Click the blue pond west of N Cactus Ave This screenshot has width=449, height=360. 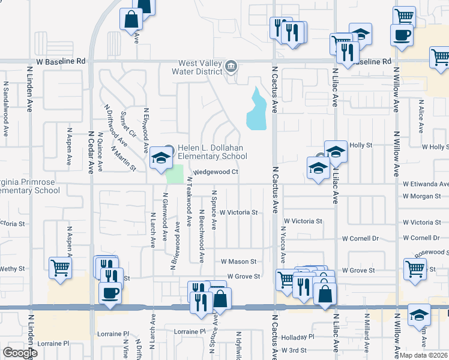[x=257, y=112]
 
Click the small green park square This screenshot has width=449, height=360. [x=174, y=175]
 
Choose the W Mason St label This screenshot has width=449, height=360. [x=238, y=262]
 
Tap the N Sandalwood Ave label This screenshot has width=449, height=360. [x=5, y=109]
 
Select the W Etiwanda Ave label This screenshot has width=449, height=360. [x=425, y=184]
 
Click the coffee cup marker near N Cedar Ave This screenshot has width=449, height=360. [x=109, y=293]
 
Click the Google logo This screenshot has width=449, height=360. [x=20, y=353]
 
